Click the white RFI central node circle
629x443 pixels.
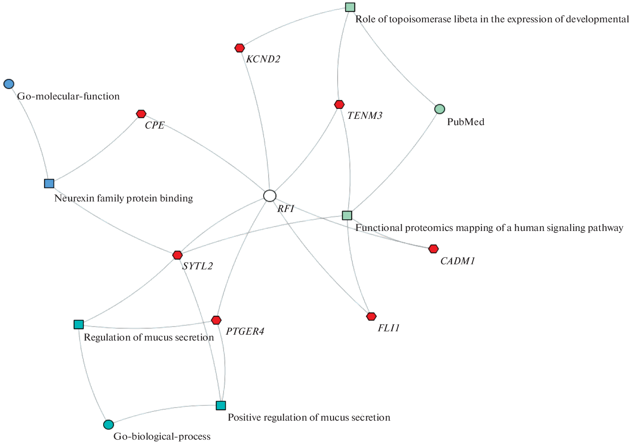(270, 196)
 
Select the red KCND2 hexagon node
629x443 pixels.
(240, 48)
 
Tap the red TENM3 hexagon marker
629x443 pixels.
(339, 104)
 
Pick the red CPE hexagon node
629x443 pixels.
(141, 114)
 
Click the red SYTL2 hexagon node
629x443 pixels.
(178, 255)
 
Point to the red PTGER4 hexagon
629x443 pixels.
(216, 320)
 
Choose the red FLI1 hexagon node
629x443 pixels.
(371, 317)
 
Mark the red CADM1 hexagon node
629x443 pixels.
(433, 249)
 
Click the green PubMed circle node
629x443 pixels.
(440, 109)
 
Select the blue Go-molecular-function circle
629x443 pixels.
(9, 84)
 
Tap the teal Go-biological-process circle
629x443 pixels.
(108, 424)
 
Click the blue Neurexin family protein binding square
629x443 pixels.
(49, 183)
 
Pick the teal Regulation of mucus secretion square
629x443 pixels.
(79, 325)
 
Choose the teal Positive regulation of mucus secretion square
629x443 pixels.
(221, 405)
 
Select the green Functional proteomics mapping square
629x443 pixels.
(347, 215)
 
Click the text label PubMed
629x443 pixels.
(466, 122)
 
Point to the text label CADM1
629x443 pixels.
(458, 261)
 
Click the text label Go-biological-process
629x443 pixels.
(162, 437)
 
